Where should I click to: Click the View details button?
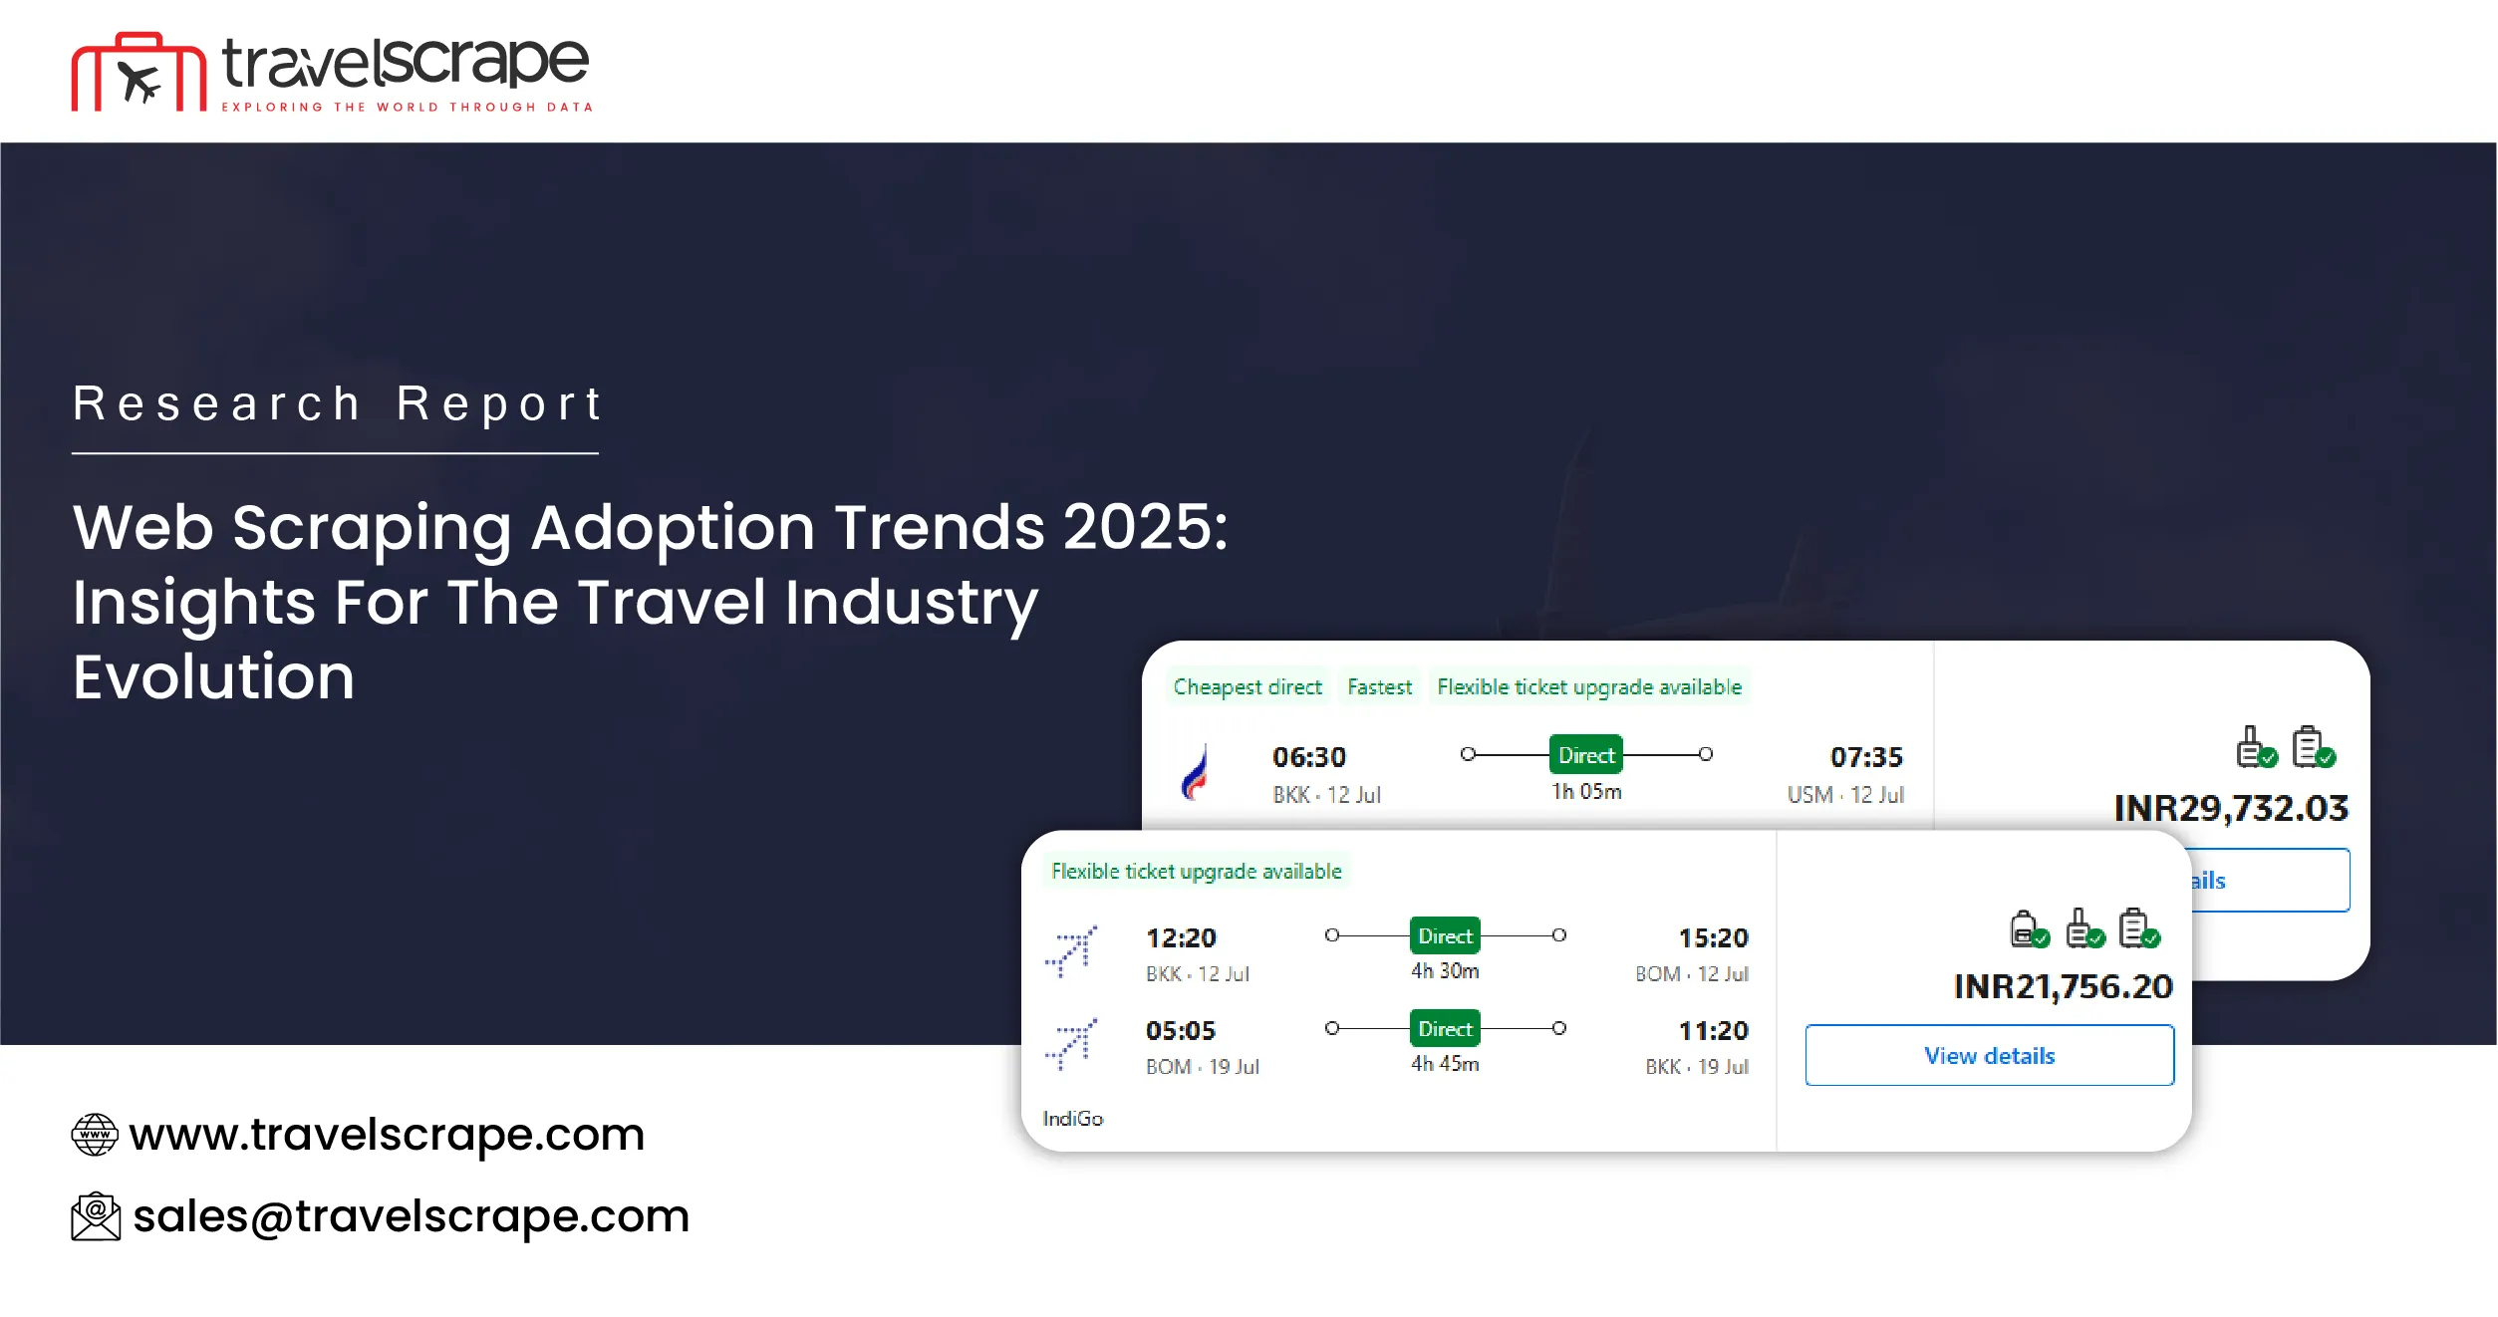[1989, 1055]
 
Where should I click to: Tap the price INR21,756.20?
[2063, 986]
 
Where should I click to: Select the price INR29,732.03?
[2231, 808]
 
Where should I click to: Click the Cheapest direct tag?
[1247, 686]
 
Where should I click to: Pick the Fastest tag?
[1379, 686]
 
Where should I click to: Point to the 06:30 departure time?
[1308, 757]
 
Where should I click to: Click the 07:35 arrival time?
[1866, 757]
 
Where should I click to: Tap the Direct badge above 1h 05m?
[1586, 755]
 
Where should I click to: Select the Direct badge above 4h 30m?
[1445, 936]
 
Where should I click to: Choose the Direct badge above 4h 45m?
[1445, 1029]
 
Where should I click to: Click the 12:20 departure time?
[1181, 937]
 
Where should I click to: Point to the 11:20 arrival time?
[1713, 1030]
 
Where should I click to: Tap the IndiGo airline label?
[1072, 1119]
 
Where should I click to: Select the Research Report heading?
[337, 403]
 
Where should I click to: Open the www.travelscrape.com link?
[387, 1134]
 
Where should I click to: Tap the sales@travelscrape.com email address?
[411, 1216]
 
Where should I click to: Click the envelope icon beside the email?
[96, 1216]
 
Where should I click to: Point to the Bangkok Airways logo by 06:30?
[1196, 773]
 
